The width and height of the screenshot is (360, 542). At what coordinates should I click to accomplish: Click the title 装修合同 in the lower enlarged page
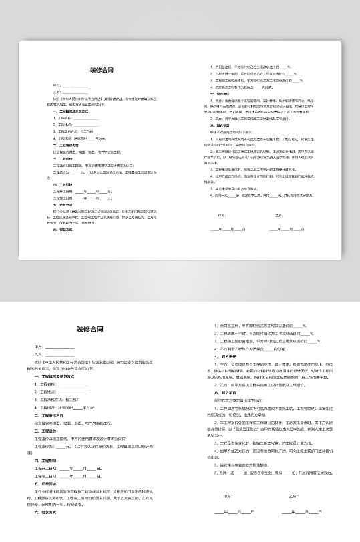pyautogui.click(x=90, y=329)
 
